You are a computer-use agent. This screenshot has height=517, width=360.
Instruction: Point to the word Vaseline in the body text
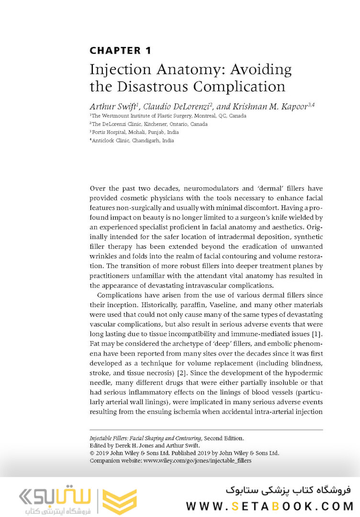184,305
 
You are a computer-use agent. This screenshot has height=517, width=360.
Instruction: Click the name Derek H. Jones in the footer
130,445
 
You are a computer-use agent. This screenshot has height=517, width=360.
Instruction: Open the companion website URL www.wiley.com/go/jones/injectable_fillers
197,460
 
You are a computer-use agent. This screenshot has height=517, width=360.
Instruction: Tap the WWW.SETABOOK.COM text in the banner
270,506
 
